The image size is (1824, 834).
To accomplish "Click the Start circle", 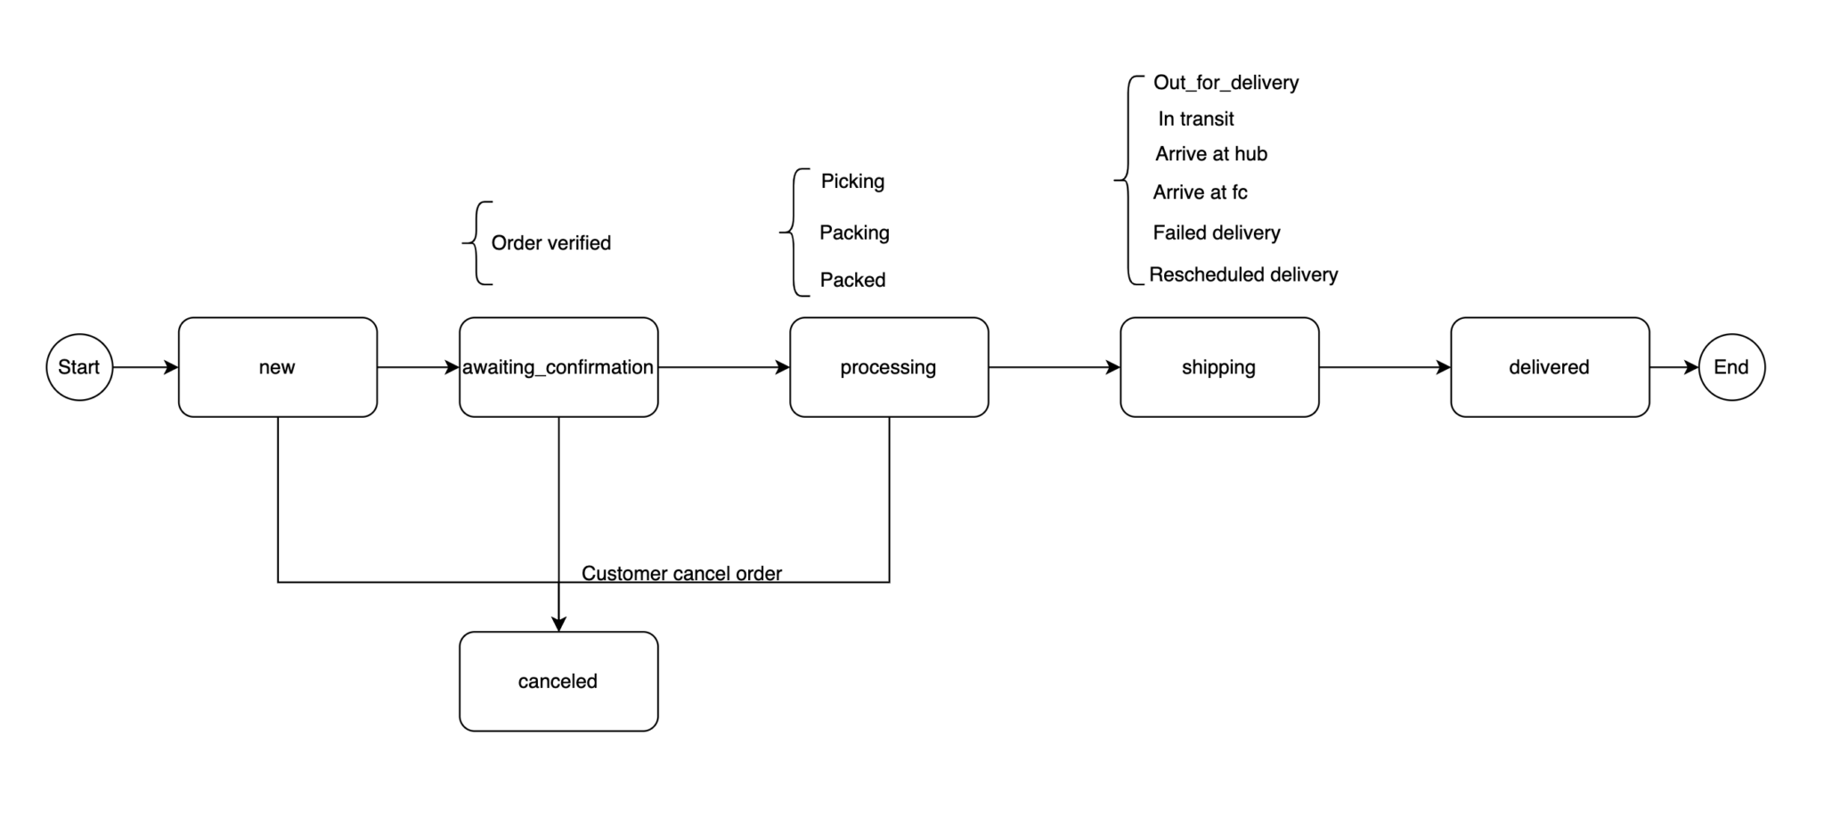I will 79,367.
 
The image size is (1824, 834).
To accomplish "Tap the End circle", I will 1731,367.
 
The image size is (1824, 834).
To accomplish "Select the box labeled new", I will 278,367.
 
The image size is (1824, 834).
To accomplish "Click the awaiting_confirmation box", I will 558,367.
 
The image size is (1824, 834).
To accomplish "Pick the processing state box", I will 889,367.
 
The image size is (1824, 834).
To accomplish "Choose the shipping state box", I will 1219,367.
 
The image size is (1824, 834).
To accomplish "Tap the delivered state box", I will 1550,367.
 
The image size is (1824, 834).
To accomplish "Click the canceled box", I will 558,682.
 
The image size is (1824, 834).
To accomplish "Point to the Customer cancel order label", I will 681,573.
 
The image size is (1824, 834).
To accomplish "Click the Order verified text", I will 550,243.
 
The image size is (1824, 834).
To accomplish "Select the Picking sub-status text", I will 852,182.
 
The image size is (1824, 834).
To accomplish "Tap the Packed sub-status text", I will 852,280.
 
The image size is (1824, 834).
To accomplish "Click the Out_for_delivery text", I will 1225,83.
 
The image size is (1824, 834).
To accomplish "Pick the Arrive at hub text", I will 1210,154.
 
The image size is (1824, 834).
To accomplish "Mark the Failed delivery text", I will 1216,233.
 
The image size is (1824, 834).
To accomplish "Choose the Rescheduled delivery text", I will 1242,274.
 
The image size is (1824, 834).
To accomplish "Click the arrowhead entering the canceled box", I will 558,625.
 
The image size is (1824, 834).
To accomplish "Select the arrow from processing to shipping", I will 1054,367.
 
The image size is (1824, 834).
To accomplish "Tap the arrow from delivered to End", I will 1674,367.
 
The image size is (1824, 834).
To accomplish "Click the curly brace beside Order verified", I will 477,242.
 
